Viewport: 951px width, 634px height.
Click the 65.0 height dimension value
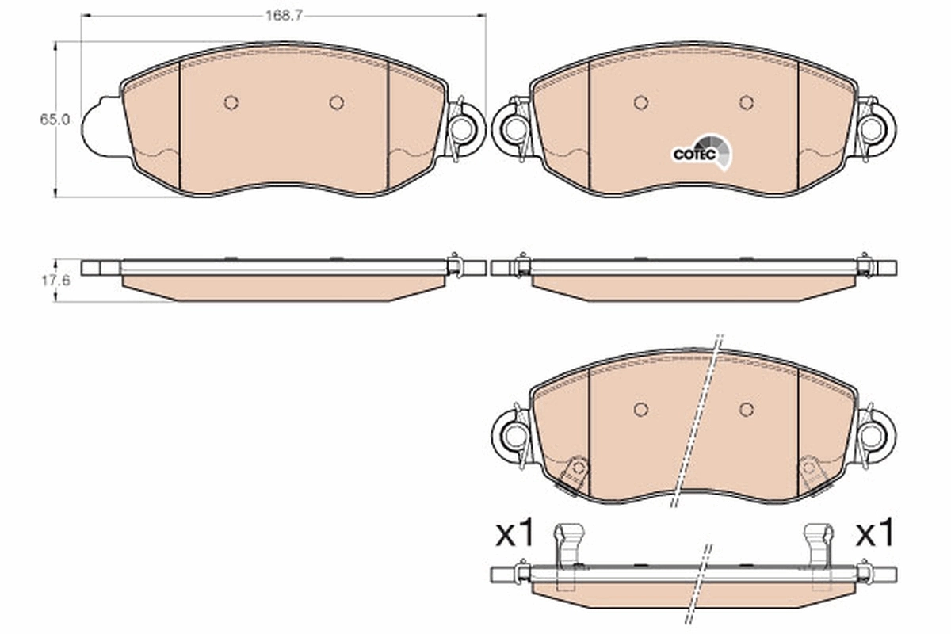[56, 119]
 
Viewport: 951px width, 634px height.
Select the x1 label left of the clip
[516, 534]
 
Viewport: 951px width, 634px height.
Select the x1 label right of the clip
[875, 534]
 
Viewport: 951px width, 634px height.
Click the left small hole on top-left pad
[231, 102]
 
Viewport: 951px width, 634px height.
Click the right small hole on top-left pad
[337, 102]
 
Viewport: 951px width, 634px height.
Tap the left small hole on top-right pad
[641, 102]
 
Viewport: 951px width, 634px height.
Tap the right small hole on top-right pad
[746, 102]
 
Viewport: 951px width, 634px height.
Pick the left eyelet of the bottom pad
[514, 434]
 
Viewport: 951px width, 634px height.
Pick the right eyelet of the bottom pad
[874, 434]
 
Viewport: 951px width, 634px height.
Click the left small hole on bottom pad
[641, 409]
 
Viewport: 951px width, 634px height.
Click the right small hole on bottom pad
[746, 409]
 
